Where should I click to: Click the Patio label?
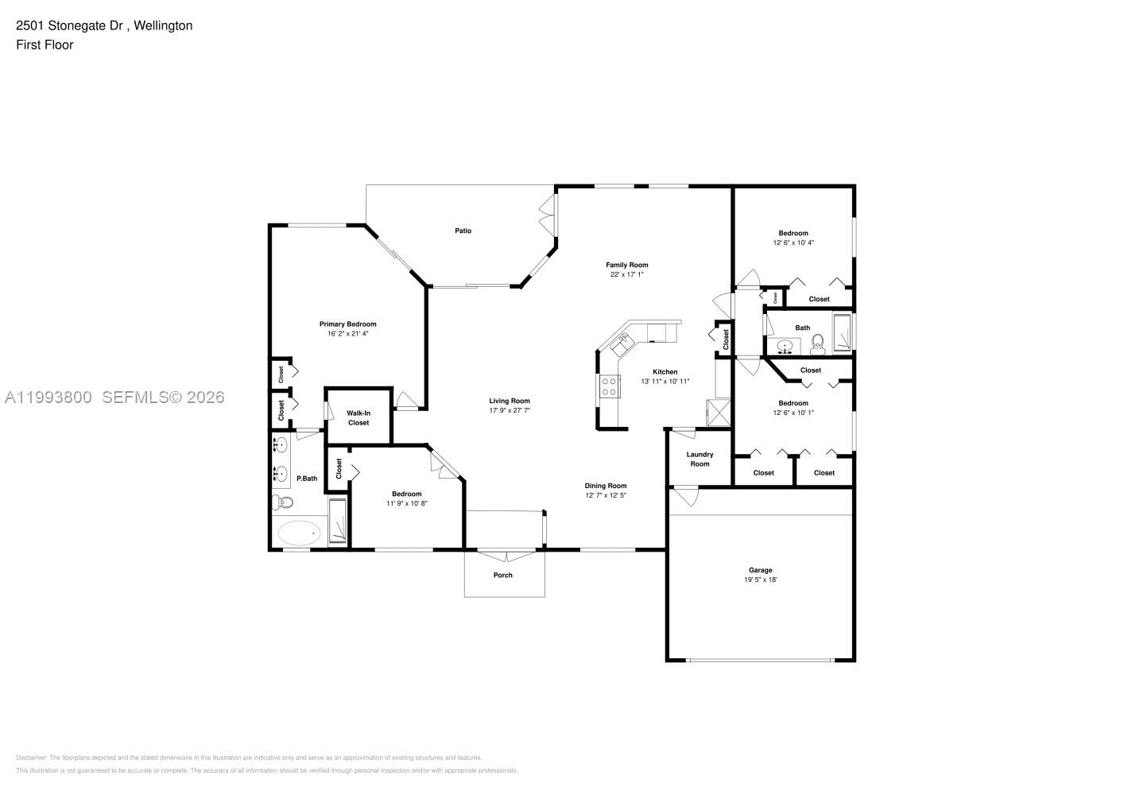463,231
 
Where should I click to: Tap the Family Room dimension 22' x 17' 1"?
626,274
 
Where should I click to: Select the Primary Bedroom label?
347,324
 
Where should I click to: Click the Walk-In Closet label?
359,417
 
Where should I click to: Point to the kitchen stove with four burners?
610,386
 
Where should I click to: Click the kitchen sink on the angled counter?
621,343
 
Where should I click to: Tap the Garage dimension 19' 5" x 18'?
760,580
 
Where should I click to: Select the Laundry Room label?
700,459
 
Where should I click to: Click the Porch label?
503,575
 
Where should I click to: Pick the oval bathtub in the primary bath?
298,533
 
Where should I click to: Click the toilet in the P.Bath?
281,502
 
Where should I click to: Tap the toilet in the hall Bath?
817,344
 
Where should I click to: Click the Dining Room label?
606,486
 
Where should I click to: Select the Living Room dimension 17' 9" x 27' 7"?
510,410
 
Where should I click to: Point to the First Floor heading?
45,45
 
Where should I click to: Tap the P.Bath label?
307,479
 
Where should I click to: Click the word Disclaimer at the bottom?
31,758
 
